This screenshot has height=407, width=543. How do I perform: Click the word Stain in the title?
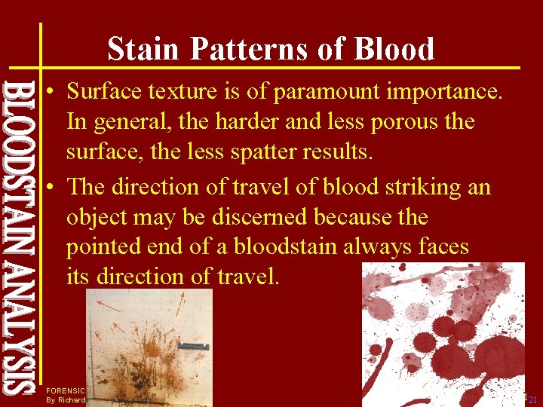(144, 49)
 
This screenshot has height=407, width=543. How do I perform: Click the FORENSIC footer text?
(66, 390)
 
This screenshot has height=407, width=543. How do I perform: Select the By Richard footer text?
(66, 399)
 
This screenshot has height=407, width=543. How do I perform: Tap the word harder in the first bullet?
(247, 121)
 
